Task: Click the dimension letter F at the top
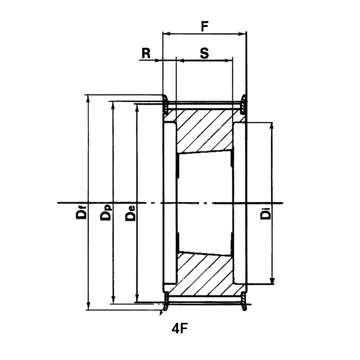(205, 27)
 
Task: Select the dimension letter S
(204, 53)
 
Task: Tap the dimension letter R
(146, 53)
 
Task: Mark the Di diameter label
(265, 214)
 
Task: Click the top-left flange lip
(165, 103)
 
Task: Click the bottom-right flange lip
(245, 302)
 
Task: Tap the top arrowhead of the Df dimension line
(88, 97)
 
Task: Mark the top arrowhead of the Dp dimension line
(113, 105)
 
